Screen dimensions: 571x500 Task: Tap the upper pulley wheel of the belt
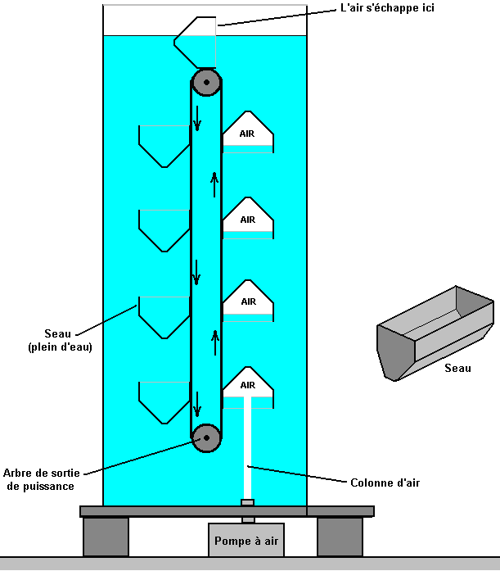(206, 82)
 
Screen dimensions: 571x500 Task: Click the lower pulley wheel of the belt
(206, 437)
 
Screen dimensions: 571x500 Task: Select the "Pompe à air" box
(246, 542)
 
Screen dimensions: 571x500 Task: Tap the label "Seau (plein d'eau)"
(59, 340)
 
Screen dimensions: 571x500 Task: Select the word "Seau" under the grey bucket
(457, 369)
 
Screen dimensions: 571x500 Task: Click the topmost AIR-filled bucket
(247, 133)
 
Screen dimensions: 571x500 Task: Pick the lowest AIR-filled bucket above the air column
(247, 387)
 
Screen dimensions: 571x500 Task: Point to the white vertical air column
(247, 451)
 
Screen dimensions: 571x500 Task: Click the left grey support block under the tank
(106, 537)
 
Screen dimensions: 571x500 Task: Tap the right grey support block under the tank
(340, 537)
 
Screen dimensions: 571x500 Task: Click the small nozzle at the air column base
(247, 503)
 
